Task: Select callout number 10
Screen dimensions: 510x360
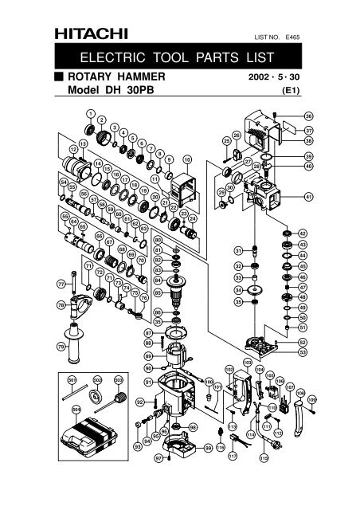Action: pos(187,159)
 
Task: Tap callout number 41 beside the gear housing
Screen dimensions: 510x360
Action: pos(309,196)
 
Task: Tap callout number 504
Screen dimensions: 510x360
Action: pos(76,411)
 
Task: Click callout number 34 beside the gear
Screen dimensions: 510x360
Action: pos(237,290)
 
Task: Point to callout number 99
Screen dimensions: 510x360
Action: pos(208,449)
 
